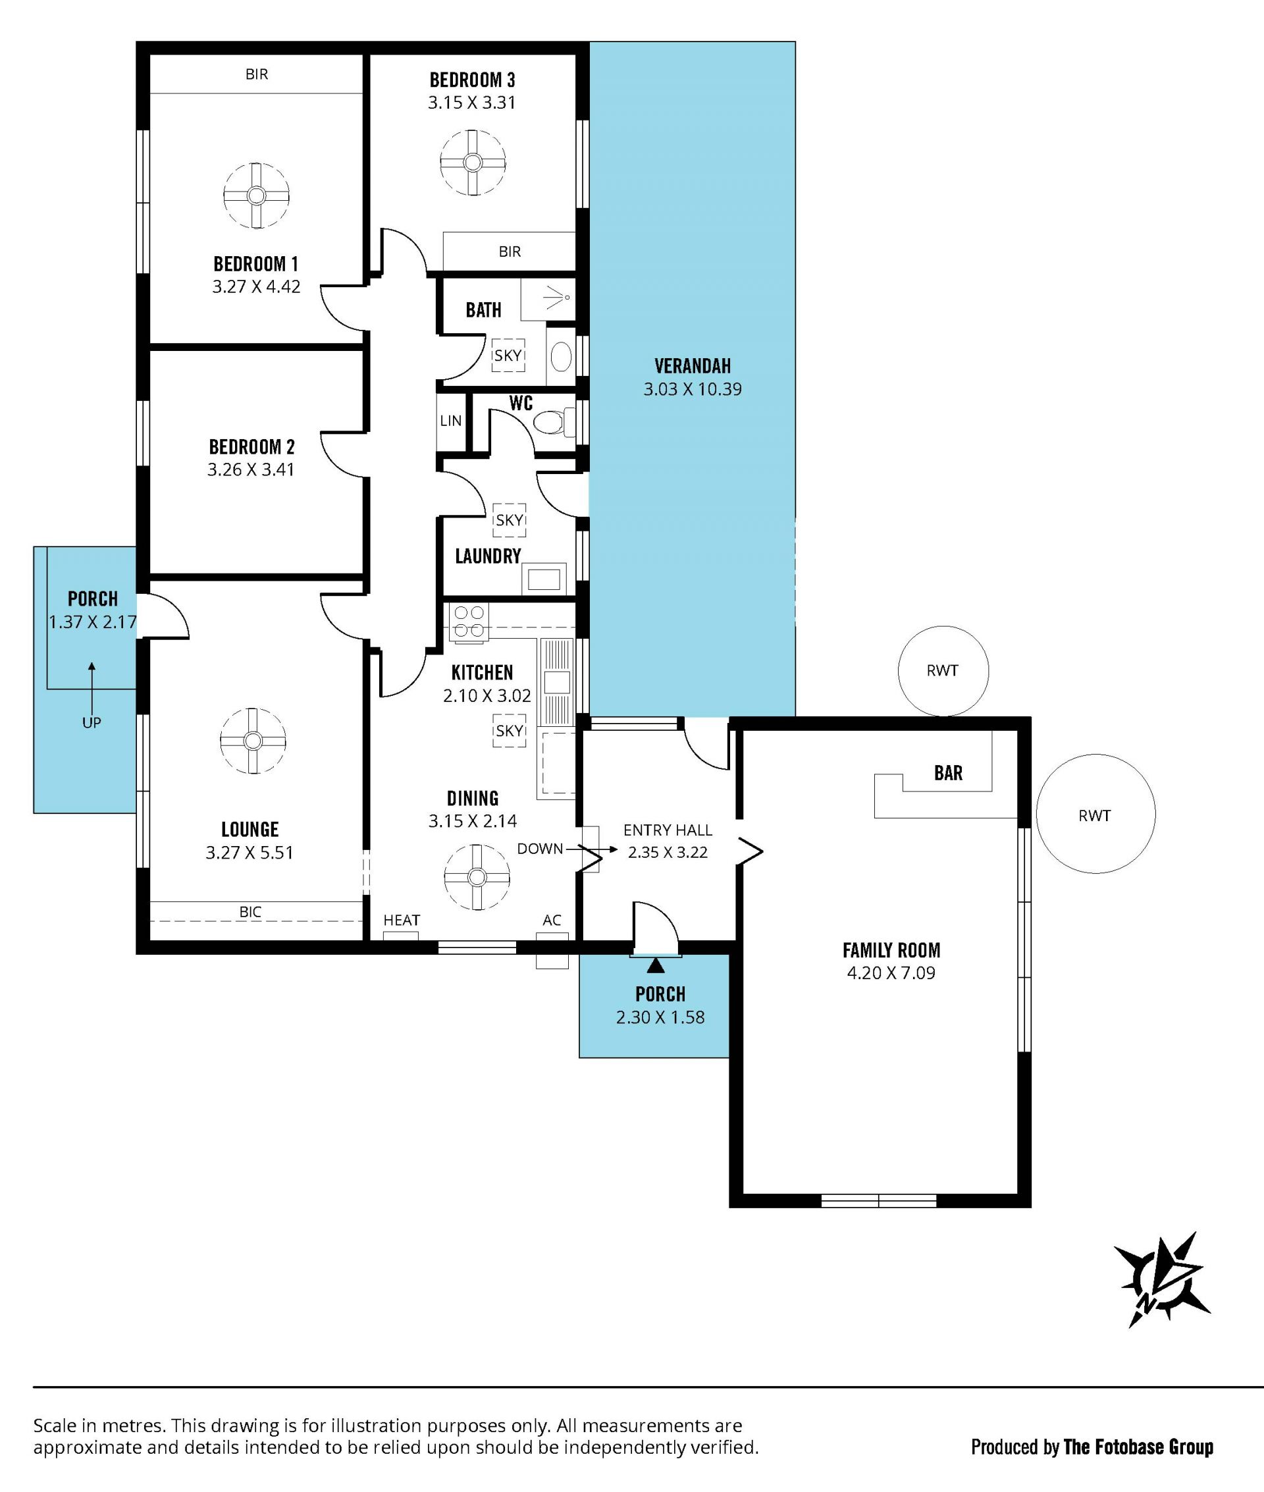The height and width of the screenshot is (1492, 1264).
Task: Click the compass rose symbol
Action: pyautogui.click(x=1161, y=1279)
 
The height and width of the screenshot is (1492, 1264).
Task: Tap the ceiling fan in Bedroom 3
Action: pyautogui.click(x=472, y=163)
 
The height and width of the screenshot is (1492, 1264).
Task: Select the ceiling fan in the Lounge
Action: pyautogui.click(x=253, y=740)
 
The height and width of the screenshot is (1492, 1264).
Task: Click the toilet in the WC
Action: pyautogui.click(x=553, y=422)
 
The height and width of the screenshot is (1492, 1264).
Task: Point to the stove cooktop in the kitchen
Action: pyautogui.click(x=469, y=622)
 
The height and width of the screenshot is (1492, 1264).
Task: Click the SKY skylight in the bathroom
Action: pyautogui.click(x=508, y=356)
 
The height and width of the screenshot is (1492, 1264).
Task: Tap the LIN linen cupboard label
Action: pyautogui.click(x=451, y=421)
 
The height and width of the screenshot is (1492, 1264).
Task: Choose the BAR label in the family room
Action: pyautogui.click(x=948, y=772)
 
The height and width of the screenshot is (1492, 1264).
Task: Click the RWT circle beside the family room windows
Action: pyautogui.click(x=1095, y=814)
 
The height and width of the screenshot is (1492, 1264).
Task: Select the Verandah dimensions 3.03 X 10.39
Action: pyautogui.click(x=692, y=389)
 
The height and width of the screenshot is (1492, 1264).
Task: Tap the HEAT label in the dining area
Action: pyautogui.click(x=402, y=919)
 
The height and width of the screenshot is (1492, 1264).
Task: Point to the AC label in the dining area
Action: pyautogui.click(x=552, y=919)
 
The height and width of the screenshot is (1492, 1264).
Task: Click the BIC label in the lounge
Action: pyautogui.click(x=250, y=911)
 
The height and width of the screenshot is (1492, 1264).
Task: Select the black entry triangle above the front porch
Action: pyautogui.click(x=656, y=966)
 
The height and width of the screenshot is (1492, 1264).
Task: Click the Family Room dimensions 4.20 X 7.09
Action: pyautogui.click(x=891, y=972)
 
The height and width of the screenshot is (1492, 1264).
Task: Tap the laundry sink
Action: pyautogui.click(x=544, y=578)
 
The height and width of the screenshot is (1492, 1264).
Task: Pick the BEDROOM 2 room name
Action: pyautogui.click(x=251, y=446)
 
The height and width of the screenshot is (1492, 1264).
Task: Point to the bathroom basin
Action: pyautogui.click(x=561, y=356)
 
